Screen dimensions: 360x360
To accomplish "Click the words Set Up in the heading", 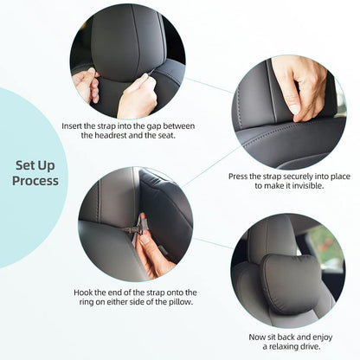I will click(x=35, y=164).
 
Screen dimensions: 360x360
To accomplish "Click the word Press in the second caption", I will click(x=241, y=177).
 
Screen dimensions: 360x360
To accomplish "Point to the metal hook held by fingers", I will click(x=132, y=229).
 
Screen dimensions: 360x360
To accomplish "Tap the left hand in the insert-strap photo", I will click(x=87, y=85).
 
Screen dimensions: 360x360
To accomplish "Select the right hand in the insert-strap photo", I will click(x=138, y=95).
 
